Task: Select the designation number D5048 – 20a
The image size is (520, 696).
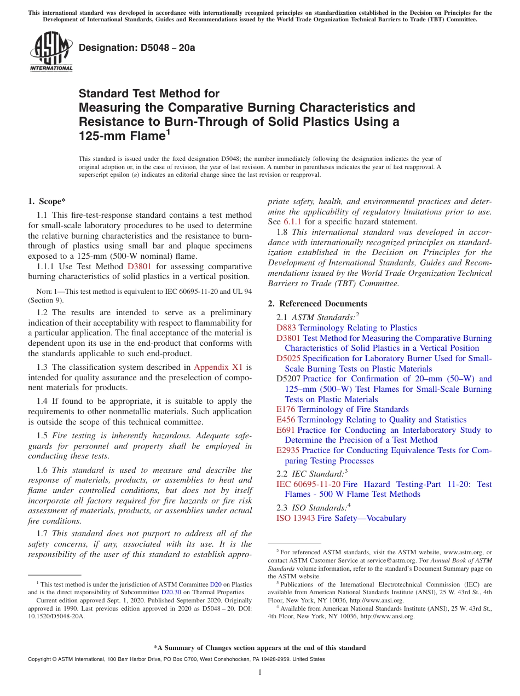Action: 137,48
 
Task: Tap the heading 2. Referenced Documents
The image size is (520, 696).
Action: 317,304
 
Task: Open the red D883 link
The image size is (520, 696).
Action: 286,328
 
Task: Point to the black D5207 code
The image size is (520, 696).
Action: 288,379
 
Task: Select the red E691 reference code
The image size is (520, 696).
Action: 286,430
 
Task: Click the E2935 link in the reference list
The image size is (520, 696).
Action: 288,450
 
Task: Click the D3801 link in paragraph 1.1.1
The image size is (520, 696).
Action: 139,266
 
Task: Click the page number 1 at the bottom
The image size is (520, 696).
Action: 260,672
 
